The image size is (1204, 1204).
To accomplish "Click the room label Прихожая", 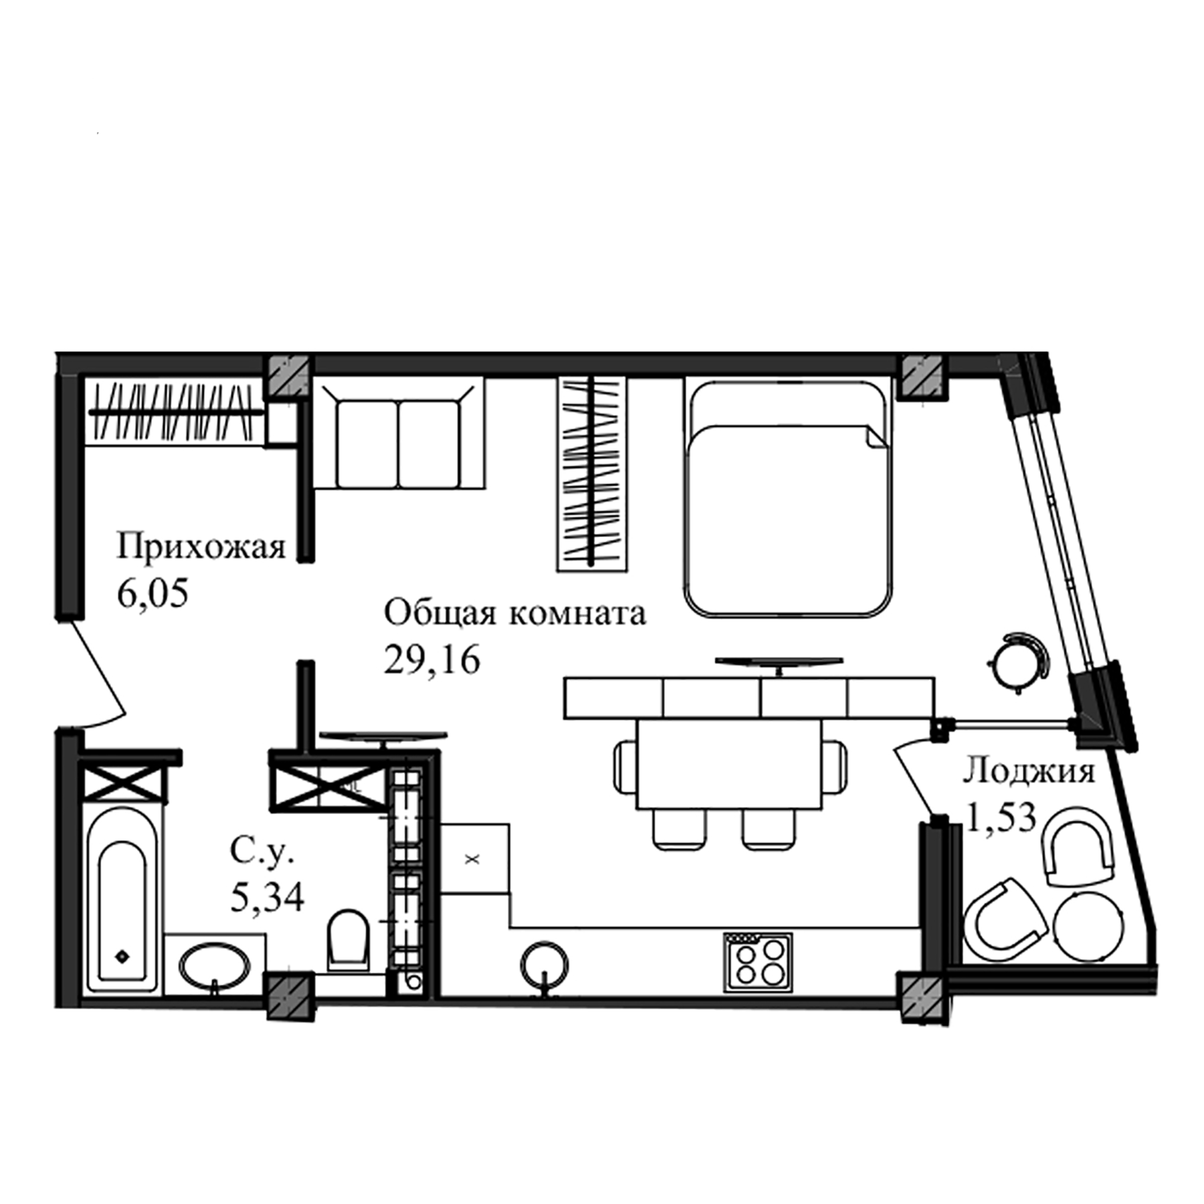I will (201, 547).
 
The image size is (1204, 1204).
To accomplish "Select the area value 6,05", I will (153, 593).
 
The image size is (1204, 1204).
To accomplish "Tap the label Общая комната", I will (514, 613).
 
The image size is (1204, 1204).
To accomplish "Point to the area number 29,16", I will (432, 660).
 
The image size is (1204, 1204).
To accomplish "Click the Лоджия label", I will (1028, 771).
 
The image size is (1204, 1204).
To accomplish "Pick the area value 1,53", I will (1001, 817).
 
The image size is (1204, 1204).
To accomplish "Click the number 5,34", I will (267, 897).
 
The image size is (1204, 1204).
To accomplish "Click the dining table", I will (729, 765).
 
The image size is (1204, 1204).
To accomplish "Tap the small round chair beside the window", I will (1017, 661).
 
